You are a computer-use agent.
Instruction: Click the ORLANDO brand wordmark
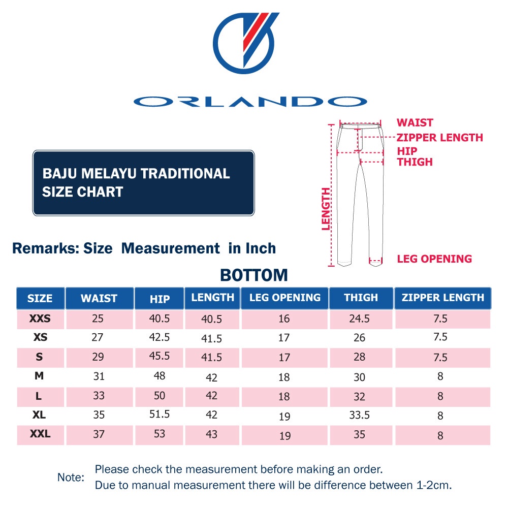pyautogui.click(x=250, y=102)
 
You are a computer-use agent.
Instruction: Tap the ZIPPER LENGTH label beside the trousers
pyautogui.click(x=440, y=137)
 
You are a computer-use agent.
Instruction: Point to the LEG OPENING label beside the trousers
pyautogui.click(x=434, y=259)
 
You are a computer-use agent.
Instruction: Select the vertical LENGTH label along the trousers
pyautogui.click(x=326, y=209)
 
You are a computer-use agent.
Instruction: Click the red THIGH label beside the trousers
pyautogui.click(x=415, y=162)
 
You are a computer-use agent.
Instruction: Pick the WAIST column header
pyautogui.click(x=99, y=298)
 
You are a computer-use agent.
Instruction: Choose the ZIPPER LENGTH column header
pyautogui.click(x=443, y=298)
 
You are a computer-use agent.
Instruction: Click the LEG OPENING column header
pyautogui.click(x=285, y=298)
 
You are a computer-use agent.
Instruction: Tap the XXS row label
pyautogui.click(x=40, y=319)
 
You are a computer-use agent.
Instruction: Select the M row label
pyautogui.click(x=40, y=376)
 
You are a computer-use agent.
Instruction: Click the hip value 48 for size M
pyautogui.click(x=160, y=375)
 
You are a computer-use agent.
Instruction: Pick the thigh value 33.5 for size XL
pyautogui.click(x=359, y=415)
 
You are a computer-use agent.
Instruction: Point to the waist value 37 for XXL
pyautogui.click(x=99, y=434)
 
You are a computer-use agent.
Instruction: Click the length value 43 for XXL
pyautogui.click(x=212, y=434)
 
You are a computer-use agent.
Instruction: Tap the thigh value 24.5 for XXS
pyautogui.click(x=359, y=319)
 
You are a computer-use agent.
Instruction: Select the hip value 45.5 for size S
pyautogui.click(x=160, y=356)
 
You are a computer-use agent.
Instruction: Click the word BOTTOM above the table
pyautogui.click(x=254, y=275)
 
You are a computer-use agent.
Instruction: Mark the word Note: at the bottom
pyautogui.click(x=71, y=478)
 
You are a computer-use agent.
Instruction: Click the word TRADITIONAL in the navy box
pyautogui.click(x=185, y=174)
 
